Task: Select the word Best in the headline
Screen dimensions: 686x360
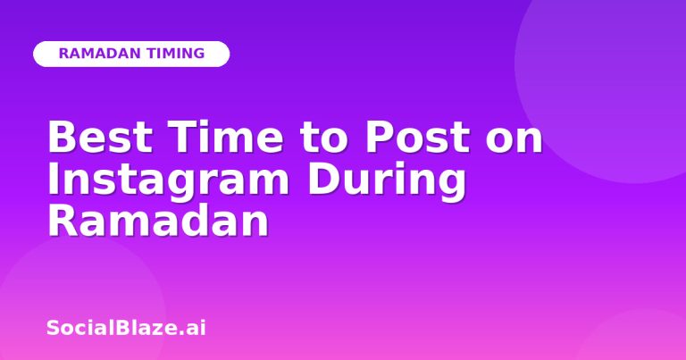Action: click(x=100, y=137)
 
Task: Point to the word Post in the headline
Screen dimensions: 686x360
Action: click(x=418, y=137)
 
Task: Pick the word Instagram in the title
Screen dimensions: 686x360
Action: click(x=169, y=180)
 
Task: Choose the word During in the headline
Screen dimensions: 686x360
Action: click(x=387, y=180)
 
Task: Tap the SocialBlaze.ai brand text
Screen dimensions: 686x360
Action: click(x=126, y=328)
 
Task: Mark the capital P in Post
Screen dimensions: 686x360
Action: click(x=379, y=137)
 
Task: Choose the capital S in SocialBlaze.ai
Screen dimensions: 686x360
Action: click(x=53, y=328)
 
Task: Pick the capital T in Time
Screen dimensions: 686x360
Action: click(x=182, y=137)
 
